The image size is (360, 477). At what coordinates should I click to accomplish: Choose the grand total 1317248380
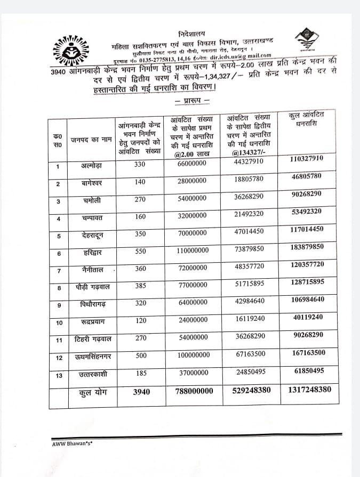tap(309, 390)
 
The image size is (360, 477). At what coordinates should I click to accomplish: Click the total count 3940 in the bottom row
tap(141, 392)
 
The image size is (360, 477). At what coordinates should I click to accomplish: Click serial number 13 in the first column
tap(59, 375)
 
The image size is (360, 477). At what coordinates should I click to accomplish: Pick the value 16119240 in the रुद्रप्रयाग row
tap(249, 318)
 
